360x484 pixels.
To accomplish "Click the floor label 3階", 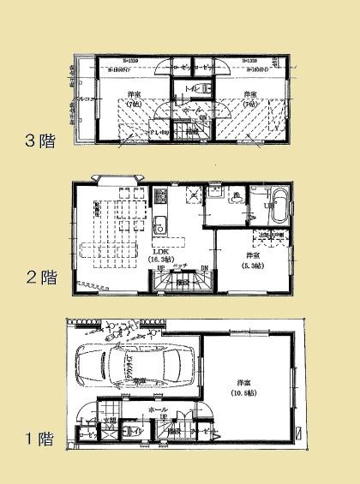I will (40, 140).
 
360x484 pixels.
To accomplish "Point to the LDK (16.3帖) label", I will (161, 254).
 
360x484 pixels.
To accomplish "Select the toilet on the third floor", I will (194, 88).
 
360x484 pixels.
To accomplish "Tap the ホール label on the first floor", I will (157, 410).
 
